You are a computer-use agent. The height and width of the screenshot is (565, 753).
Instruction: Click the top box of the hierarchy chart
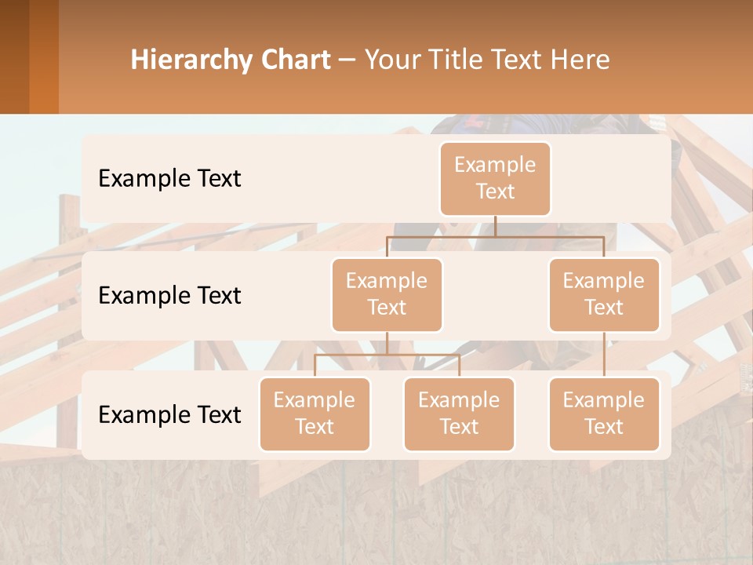495,179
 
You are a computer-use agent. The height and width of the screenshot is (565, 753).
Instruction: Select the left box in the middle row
387,294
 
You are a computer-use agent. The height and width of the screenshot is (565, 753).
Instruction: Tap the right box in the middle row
604,294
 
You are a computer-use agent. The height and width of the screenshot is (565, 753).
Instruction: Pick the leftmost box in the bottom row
315,414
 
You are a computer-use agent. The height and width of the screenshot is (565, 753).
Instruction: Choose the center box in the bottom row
459,414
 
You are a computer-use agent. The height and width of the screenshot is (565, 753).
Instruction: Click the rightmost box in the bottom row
604,414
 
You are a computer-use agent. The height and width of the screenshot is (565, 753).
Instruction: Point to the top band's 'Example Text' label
169,179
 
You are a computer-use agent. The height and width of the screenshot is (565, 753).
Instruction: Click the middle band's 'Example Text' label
169,296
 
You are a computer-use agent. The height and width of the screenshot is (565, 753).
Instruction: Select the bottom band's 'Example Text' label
169,414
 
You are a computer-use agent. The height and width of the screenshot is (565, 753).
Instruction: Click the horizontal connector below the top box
495,236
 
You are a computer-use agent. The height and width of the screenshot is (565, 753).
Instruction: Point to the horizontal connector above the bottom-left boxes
387,355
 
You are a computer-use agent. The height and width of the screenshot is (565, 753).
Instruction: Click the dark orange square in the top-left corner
29,56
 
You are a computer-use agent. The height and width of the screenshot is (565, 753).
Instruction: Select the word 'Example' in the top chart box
495,165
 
